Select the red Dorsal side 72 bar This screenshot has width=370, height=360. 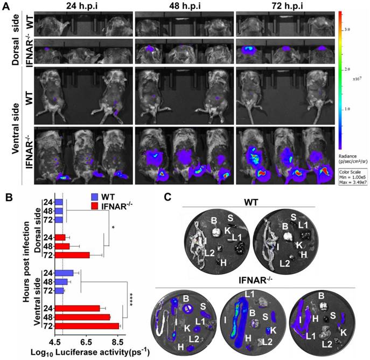pyautogui.click(x=72, y=255)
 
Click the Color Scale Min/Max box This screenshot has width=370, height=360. pyautogui.click(x=352, y=164)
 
